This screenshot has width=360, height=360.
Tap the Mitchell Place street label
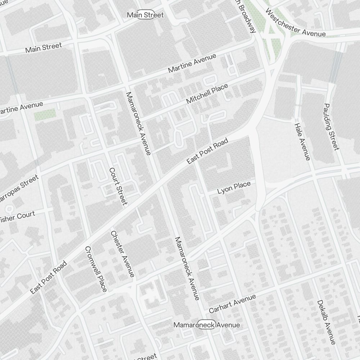(207, 94)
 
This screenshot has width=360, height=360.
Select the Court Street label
(118, 186)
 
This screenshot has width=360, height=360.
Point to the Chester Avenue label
(122, 254)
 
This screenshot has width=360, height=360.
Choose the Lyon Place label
(234, 188)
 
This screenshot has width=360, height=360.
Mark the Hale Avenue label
(302, 141)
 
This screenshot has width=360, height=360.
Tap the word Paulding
(329, 118)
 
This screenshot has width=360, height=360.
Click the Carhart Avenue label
(232, 303)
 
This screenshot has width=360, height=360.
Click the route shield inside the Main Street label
(146, 15)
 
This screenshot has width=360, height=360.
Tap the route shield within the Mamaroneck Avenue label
(207, 325)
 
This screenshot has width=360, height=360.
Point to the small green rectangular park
(45, 114)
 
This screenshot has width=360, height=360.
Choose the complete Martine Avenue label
(192, 63)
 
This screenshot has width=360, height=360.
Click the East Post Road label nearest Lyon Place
(208, 151)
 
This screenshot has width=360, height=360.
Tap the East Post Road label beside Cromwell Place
(48, 278)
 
